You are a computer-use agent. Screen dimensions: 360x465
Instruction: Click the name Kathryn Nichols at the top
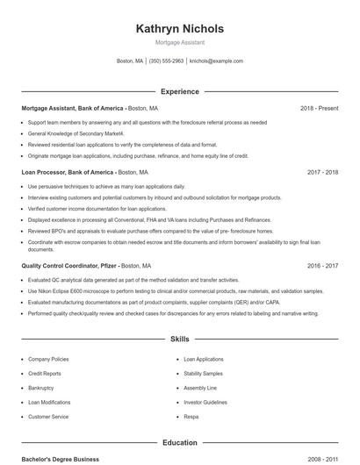pos(179,29)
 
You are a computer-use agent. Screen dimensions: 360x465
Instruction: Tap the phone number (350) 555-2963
pos(166,61)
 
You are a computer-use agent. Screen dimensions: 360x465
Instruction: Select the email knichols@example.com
pos(216,61)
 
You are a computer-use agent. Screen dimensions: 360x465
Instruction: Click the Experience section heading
pos(179,91)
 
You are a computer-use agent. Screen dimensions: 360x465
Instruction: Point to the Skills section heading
pos(179,338)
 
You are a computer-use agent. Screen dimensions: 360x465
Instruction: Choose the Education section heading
pos(179,442)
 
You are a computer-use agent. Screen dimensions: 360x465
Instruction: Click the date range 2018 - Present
pos(319,108)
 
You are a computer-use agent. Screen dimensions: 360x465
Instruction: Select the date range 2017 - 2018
pos(322,173)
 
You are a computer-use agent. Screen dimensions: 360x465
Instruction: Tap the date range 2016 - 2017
pos(322,265)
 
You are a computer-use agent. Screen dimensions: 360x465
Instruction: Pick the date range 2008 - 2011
pos(322,459)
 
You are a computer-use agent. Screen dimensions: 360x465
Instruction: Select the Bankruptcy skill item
pos(41,388)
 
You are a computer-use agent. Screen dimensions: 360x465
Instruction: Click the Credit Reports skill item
pos(44,374)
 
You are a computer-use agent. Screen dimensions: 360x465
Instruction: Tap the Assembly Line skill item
pos(200,388)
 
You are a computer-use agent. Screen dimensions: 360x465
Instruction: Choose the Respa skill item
pos(191,417)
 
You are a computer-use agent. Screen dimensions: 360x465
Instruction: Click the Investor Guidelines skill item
pos(205,402)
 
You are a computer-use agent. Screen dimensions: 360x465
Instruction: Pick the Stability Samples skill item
pos(204,374)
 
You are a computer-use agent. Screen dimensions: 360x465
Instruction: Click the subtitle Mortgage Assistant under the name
pos(179,42)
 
